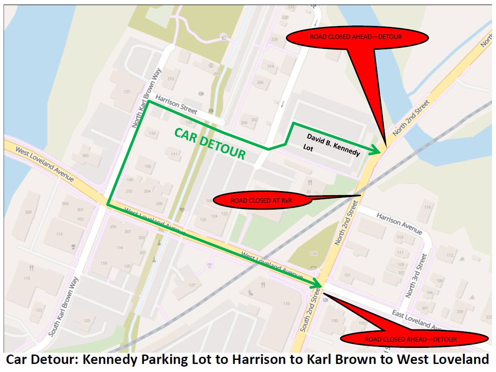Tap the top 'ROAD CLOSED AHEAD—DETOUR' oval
[x=356, y=37]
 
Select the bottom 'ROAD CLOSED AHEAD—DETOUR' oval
[x=410, y=339]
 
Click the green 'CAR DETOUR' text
[x=210, y=144]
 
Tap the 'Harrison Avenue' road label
[x=399, y=223]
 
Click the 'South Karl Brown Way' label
[x=63, y=307]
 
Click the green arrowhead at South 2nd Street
[x=317, y=284]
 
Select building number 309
[x=29, y=212]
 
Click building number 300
[x=85, y=156]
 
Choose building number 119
[x=428, y=207]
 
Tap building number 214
[x=270, y=66]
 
